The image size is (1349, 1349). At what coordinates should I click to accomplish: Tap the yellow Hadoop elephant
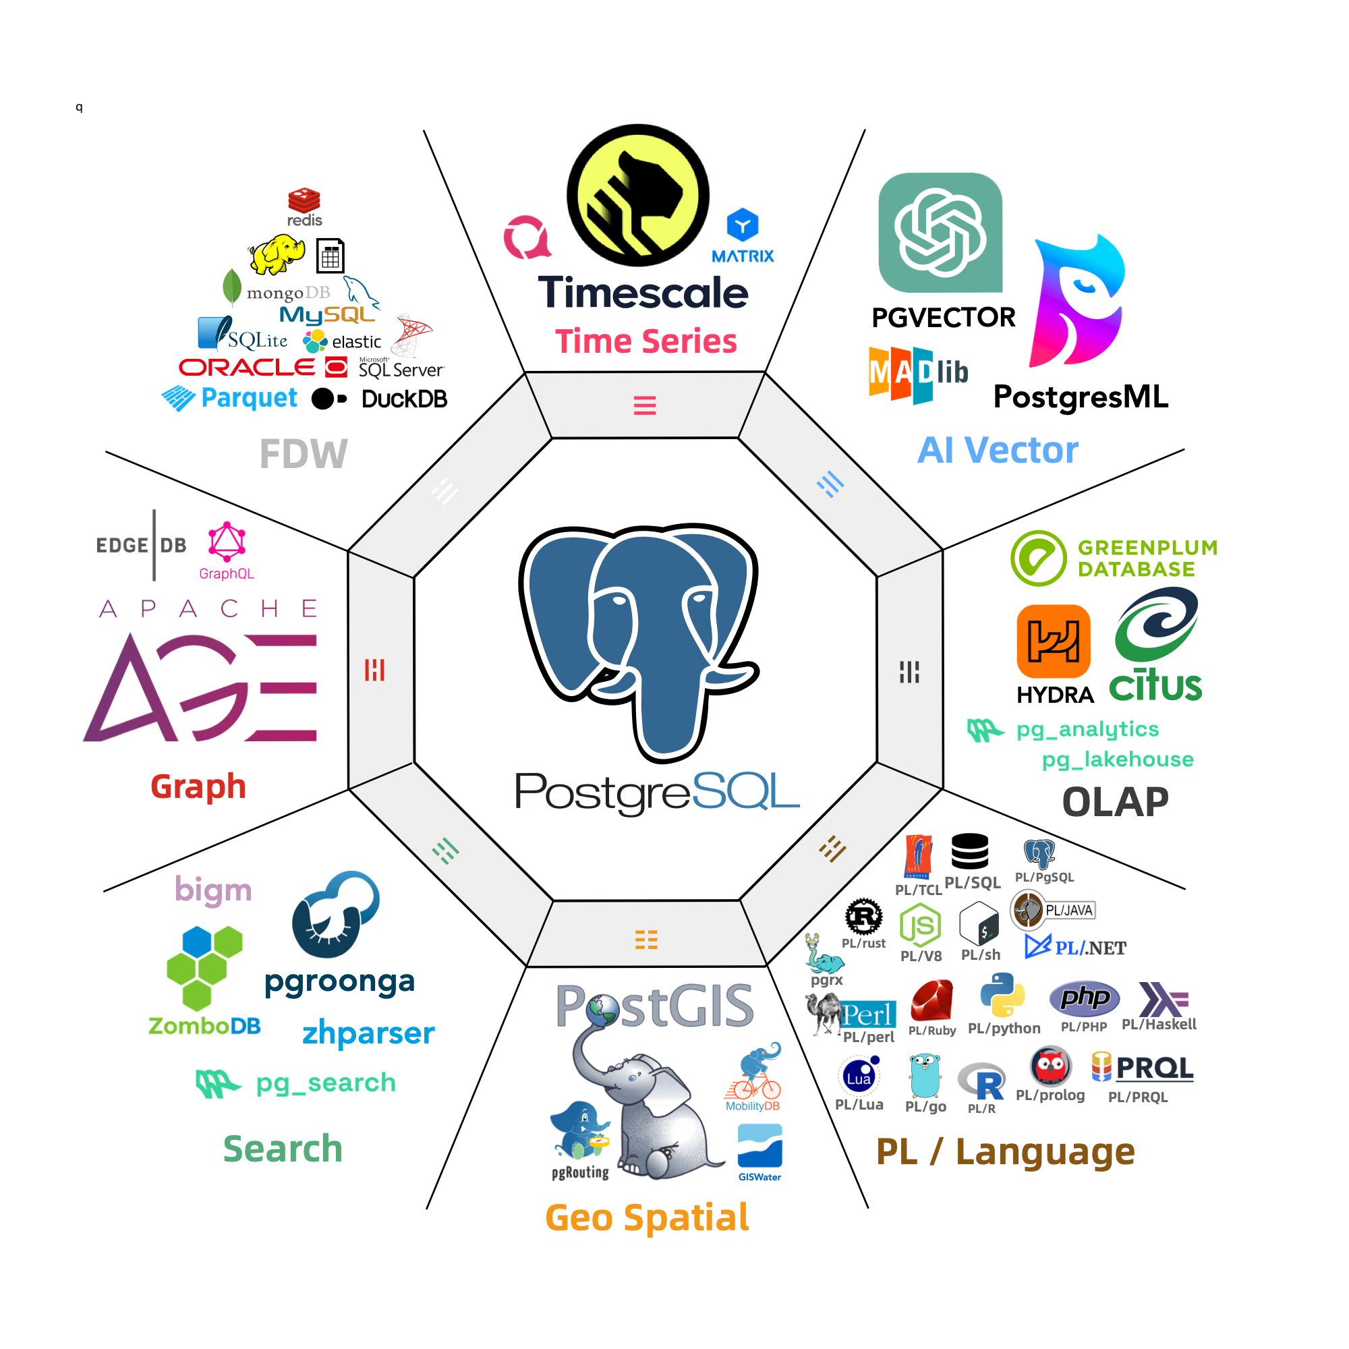(x=277, y=254)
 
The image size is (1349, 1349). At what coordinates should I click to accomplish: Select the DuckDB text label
(x=404, y=399)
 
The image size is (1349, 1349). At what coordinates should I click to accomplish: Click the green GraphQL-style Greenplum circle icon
(x=1038, y=558)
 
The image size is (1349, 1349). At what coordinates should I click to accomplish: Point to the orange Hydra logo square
(x=1053, y=641)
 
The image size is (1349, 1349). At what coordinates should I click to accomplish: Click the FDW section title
(x=304, y=454)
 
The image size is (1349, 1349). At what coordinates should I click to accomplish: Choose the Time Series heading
(x=646, y=341)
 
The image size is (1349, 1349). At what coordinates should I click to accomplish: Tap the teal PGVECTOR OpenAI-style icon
(x=940, y=233)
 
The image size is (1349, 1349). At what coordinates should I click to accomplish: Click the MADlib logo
(x=917, y=374)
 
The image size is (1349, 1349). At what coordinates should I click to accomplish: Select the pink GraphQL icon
(x=227, y=542)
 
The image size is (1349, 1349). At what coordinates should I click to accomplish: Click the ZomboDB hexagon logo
(x=204, y=968)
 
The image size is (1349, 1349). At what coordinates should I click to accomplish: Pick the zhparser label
(x=368, y=1033)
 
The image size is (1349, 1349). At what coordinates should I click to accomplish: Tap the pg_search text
(x=325, y=1083)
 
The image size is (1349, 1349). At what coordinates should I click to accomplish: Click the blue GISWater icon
(x=759, y=1146)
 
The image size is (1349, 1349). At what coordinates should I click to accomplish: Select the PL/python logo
(x=1002, y=996)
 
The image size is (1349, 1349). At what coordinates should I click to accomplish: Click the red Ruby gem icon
(x=931, y=1000)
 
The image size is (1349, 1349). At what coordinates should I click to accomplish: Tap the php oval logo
(x=1084, y=997)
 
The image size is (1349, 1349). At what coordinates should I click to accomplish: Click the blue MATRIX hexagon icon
(x=742, y=225)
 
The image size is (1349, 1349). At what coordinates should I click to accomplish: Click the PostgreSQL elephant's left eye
(x=619, y=600)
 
